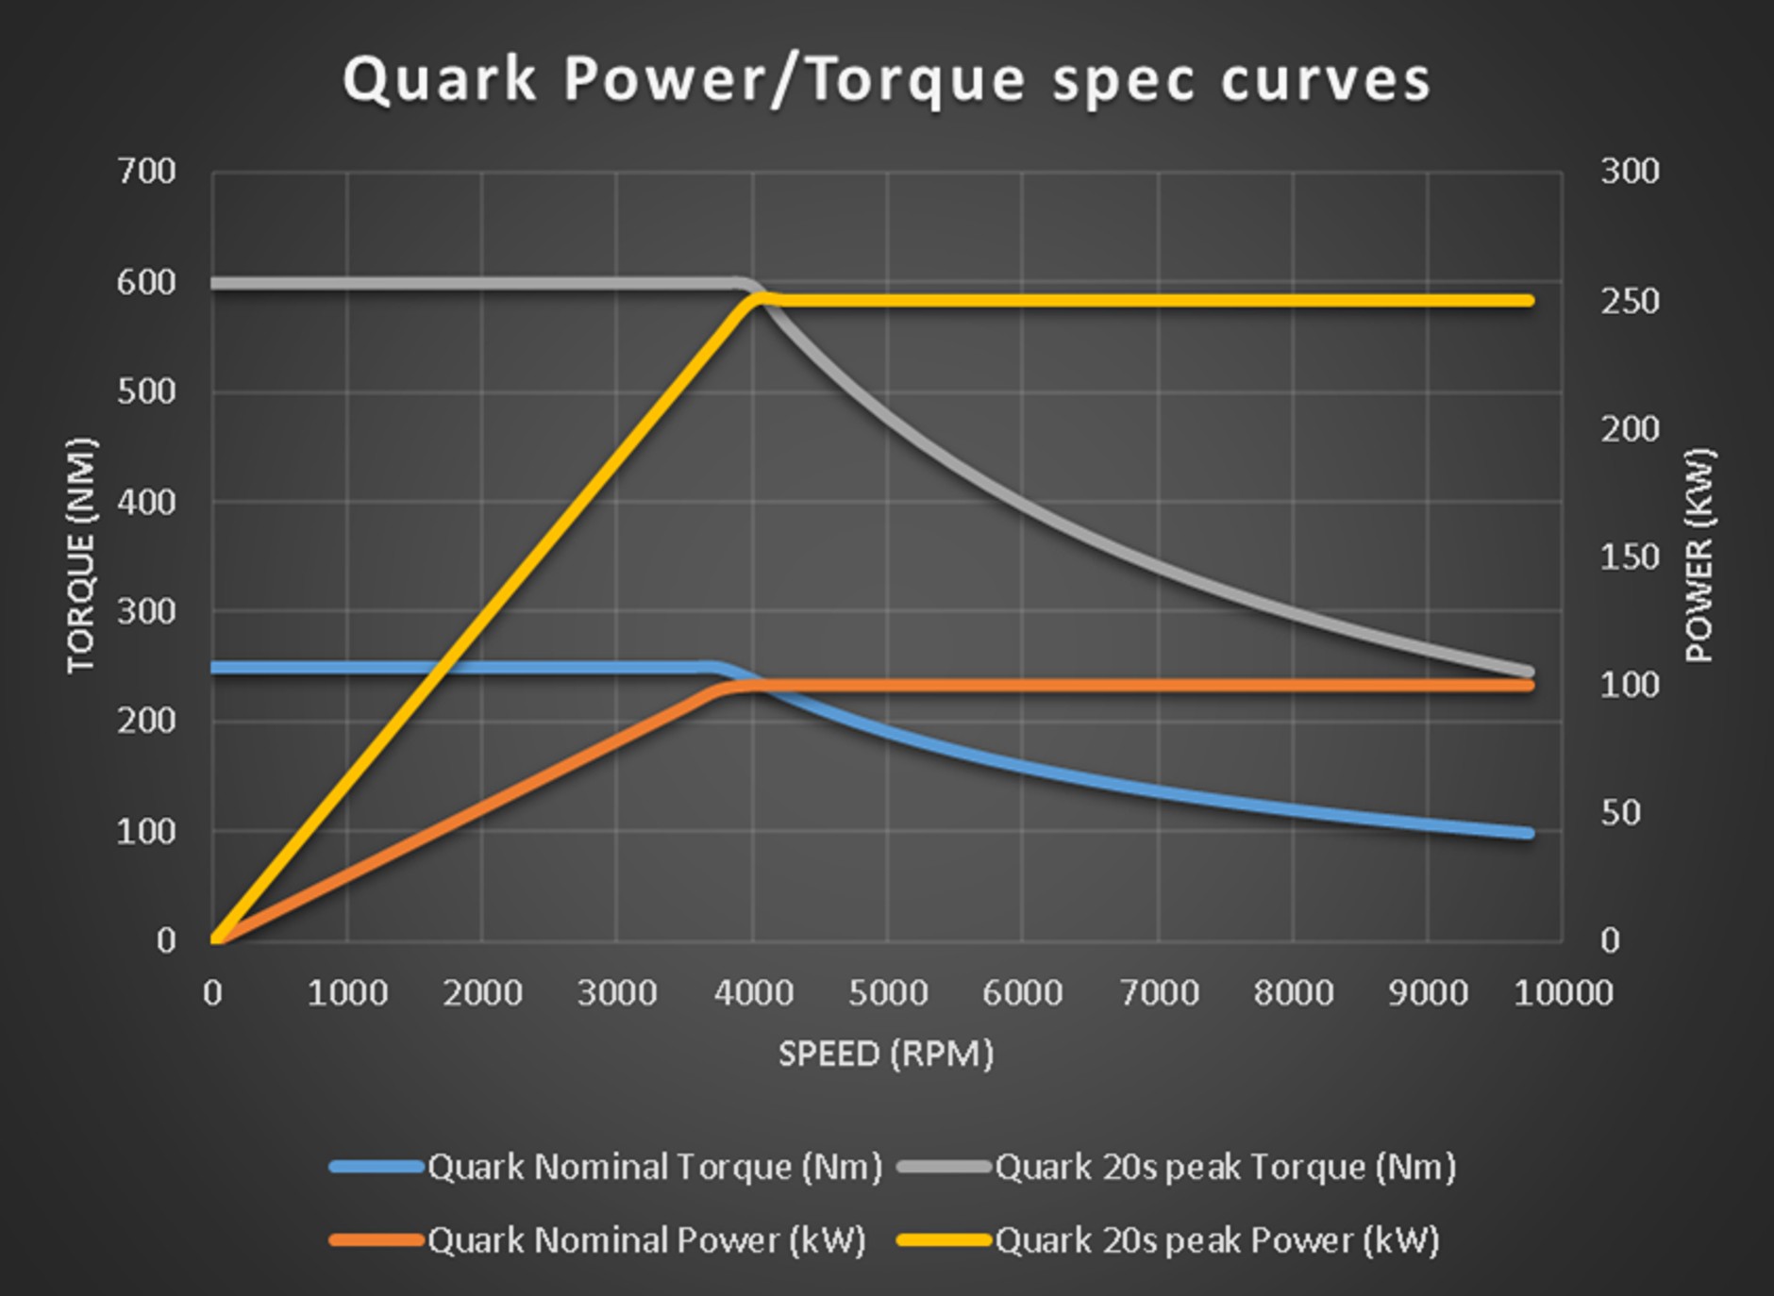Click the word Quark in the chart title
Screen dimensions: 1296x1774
(x=440, y=79)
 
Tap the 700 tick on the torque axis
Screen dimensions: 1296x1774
(x=146, y=172)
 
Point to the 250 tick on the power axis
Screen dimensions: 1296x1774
(x=1630, y=301)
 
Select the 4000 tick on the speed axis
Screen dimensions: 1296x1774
(x=753, y=993)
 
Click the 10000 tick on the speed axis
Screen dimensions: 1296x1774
(x=1563, y=993)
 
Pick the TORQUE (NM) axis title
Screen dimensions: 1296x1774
(x=81, y=556)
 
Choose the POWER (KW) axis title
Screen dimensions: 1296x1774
(x=1699, y=556)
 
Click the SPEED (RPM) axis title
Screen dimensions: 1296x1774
(x=886, y=1054)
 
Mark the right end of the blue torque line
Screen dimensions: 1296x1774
(x=1528, y=833)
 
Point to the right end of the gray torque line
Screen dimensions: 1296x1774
(x=1528, y=672)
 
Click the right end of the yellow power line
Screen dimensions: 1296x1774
(x=1528, y=301)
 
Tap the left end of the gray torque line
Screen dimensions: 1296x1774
(x=216, y=284)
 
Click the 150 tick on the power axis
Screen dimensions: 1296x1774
(x=1630, y=557)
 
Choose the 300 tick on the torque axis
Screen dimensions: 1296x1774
(x=146, y=611)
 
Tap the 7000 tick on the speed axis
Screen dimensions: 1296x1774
(x=1158, y=993)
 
